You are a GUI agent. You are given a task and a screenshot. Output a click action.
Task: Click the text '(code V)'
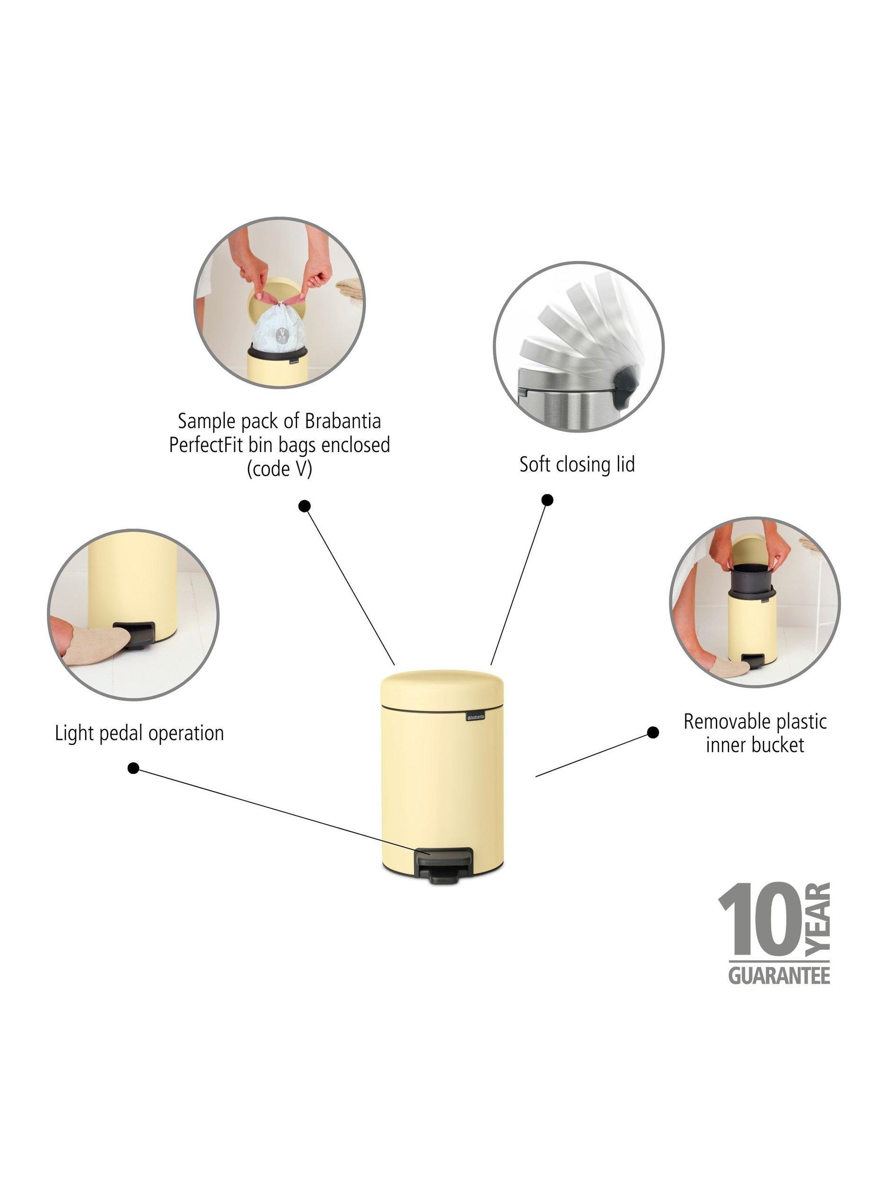point(279,468)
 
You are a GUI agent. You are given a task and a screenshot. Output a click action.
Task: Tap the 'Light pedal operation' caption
point(139,733)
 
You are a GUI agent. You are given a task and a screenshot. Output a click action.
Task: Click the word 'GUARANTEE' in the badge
point(779,976)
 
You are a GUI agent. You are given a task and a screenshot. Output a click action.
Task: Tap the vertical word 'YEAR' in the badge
point(817,918)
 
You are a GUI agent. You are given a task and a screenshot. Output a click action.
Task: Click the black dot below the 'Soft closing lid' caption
point(547,500)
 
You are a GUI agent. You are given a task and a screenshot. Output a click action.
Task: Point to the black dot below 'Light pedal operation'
point(134,768)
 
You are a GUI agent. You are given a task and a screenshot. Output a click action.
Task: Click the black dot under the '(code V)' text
point(304,505)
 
